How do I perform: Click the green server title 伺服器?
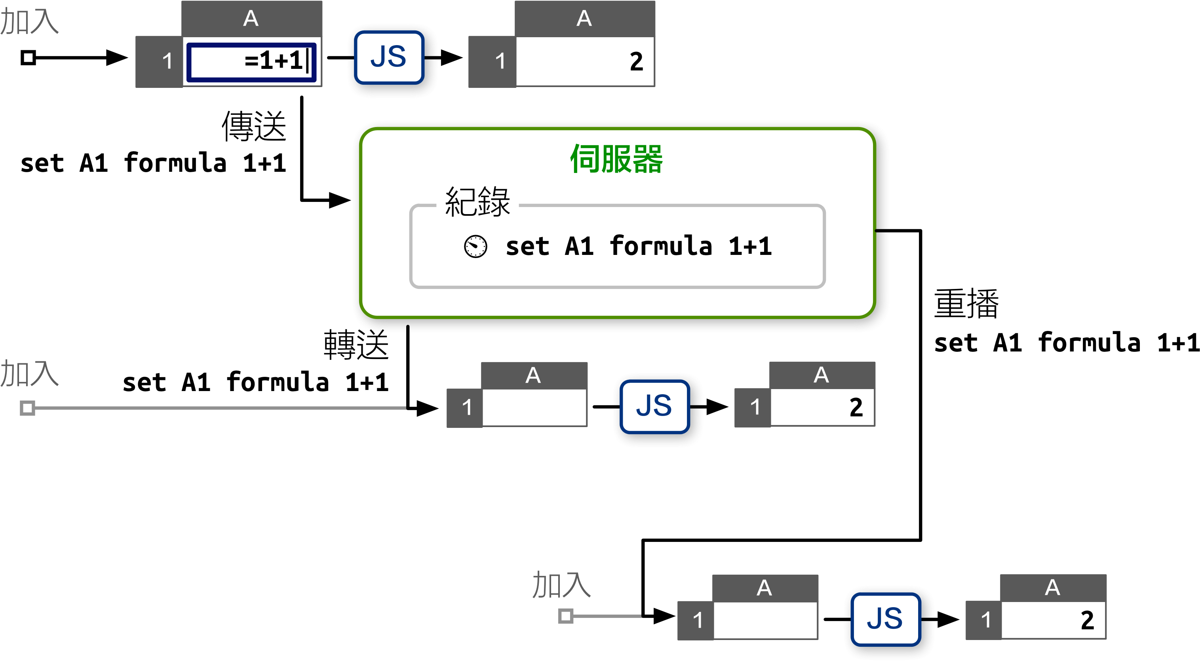[x=616, y=159]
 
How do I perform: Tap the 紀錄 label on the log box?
[x=477, y=202]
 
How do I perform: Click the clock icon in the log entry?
[x=475, y=247]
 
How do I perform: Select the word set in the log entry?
[x=527, y=247]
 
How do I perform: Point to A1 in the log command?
[x=579, y=247]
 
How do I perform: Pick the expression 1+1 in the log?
[x=750, y=247]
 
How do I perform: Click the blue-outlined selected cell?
[x=251, y=63]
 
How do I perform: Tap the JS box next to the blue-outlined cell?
[x=389, y=57]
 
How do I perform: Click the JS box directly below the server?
[x=654, y=406]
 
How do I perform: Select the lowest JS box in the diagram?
[x=885, y=619]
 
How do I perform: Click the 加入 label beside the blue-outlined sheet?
[x=29, y=21]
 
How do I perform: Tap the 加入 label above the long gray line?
[x=29, y=374]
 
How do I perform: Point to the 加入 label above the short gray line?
[x=561, y=585]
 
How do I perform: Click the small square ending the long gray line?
[x=27, y=408]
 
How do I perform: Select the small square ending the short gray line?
[x=565, y=616]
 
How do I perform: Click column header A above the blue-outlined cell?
[x=251, y=19]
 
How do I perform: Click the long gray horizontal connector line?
[x=219, y=408]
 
